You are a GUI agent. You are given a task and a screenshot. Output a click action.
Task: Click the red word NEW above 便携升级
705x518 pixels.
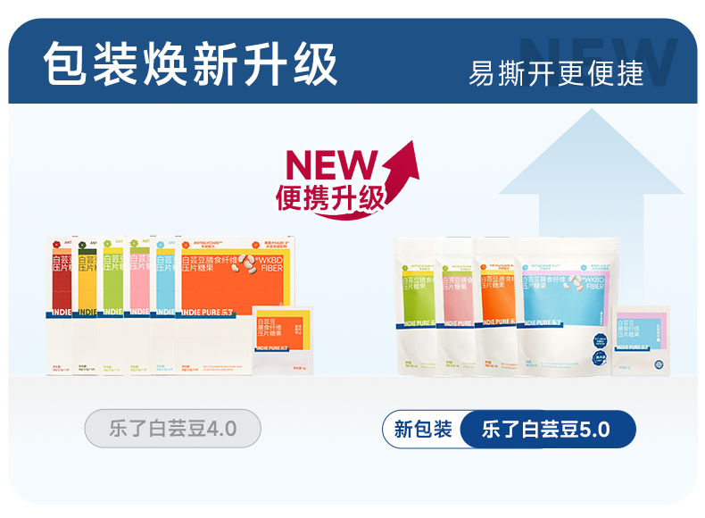tap(332, 165)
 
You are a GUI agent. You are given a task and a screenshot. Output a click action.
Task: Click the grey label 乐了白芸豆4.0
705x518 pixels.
tap(172, 429)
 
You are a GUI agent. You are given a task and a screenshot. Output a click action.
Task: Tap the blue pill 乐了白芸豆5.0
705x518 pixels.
tap(546, 429)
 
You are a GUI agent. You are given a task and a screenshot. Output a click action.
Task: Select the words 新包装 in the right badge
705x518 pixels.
tap(423, 429)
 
